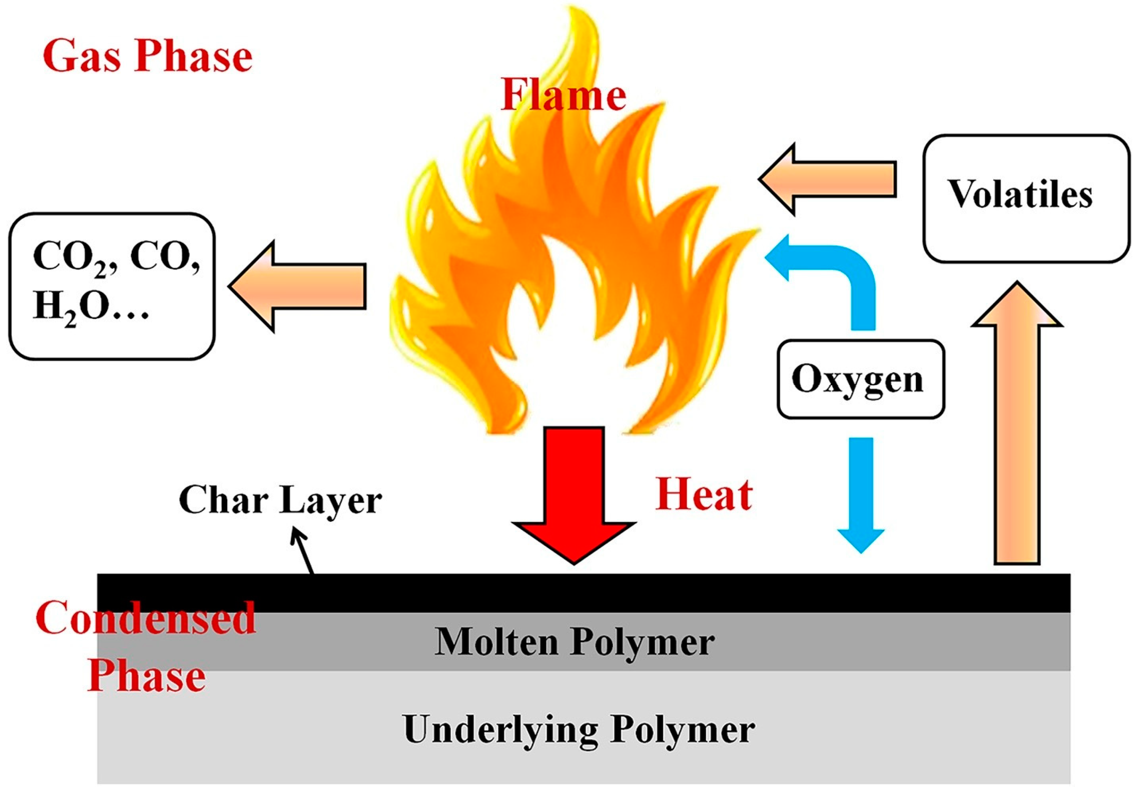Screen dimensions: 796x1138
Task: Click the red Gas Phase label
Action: (x=148, y=58)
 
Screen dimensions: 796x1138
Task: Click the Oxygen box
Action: (x=860, y=379)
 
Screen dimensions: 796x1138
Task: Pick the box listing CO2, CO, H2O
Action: (x=112, y=287)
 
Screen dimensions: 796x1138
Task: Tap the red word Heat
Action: (x=704, y=495)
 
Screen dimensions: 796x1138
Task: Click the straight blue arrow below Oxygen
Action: (x=861, y=491)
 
